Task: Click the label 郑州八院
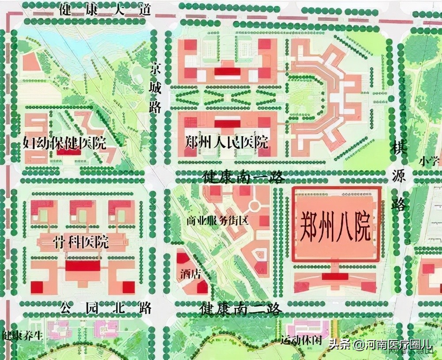pyautogui.click(x=335, y=226)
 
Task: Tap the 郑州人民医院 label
pyautogui.click(x=227, y=143)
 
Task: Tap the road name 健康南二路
pyautogui.click(x=240, y=308)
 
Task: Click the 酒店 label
pyautogui.click(x=191, y=274)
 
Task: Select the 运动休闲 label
pyautogui.click(x=300, y=341)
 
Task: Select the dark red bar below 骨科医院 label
pyautogui.click(x=83, y=266)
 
